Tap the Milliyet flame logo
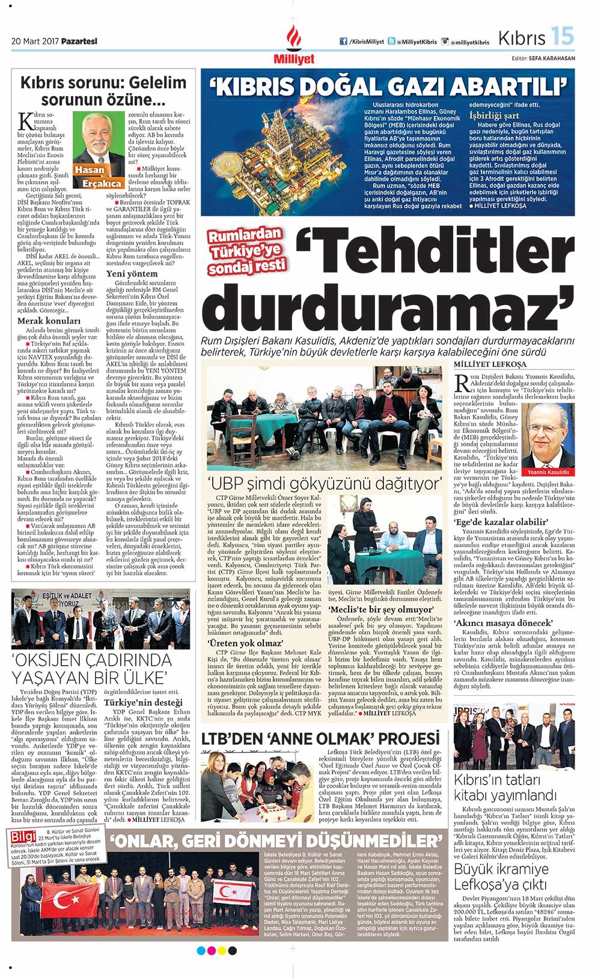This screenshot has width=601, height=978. point(294,39)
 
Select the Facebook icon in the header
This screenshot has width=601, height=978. point(344,42)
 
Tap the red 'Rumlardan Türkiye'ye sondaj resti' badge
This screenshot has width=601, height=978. point(246,251)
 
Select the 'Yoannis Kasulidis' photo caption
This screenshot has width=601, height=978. point(548,472)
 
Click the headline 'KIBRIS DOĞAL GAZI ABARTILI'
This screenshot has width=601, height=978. point(388,86)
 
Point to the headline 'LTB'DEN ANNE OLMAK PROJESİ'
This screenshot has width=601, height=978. point(320,738)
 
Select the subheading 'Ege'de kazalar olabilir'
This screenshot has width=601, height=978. point(501,521)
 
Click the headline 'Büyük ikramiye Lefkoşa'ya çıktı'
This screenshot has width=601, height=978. point(501,876)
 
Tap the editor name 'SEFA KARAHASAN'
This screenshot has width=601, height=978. point(552,58)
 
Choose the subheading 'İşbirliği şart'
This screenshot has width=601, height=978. point(494,115)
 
